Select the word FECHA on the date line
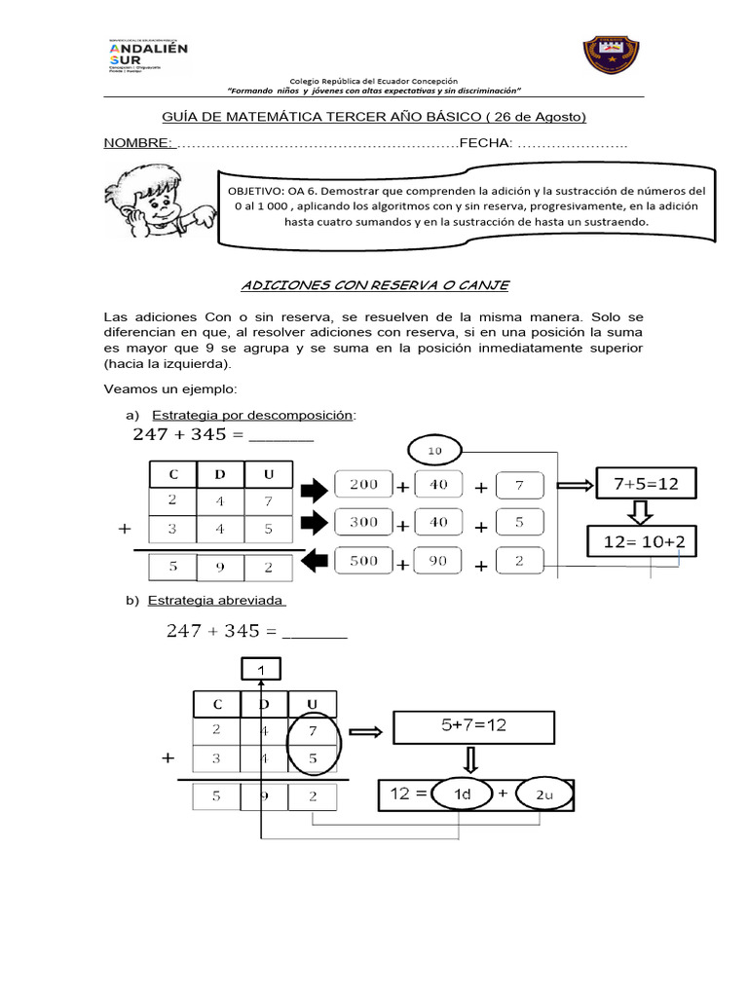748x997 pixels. pyautogui.click(x=486, y=143)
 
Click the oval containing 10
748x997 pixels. pyautogui.click(x=435, y=450)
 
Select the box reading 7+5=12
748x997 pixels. pyautogui.click(x=639, y=483)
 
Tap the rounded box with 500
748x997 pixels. pyautogui.click(x=362, y=562)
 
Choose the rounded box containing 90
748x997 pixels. pyautogui.click(x=439, y=562)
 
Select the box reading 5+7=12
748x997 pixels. pyautogui.click(x=472, y=725)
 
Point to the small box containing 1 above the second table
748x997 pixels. pyautogui.click(x=261, y=669)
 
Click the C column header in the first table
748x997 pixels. pyautogui.click(x=172, y=474)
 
